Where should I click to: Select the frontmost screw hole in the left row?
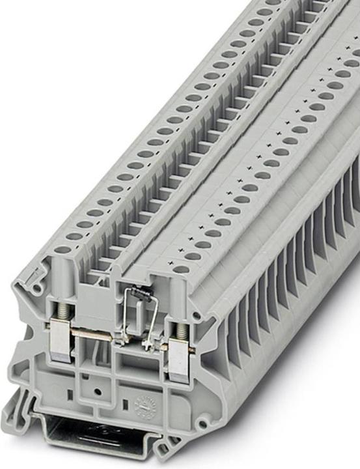coord(63,249)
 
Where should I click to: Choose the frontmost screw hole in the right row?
coord(182,269)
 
